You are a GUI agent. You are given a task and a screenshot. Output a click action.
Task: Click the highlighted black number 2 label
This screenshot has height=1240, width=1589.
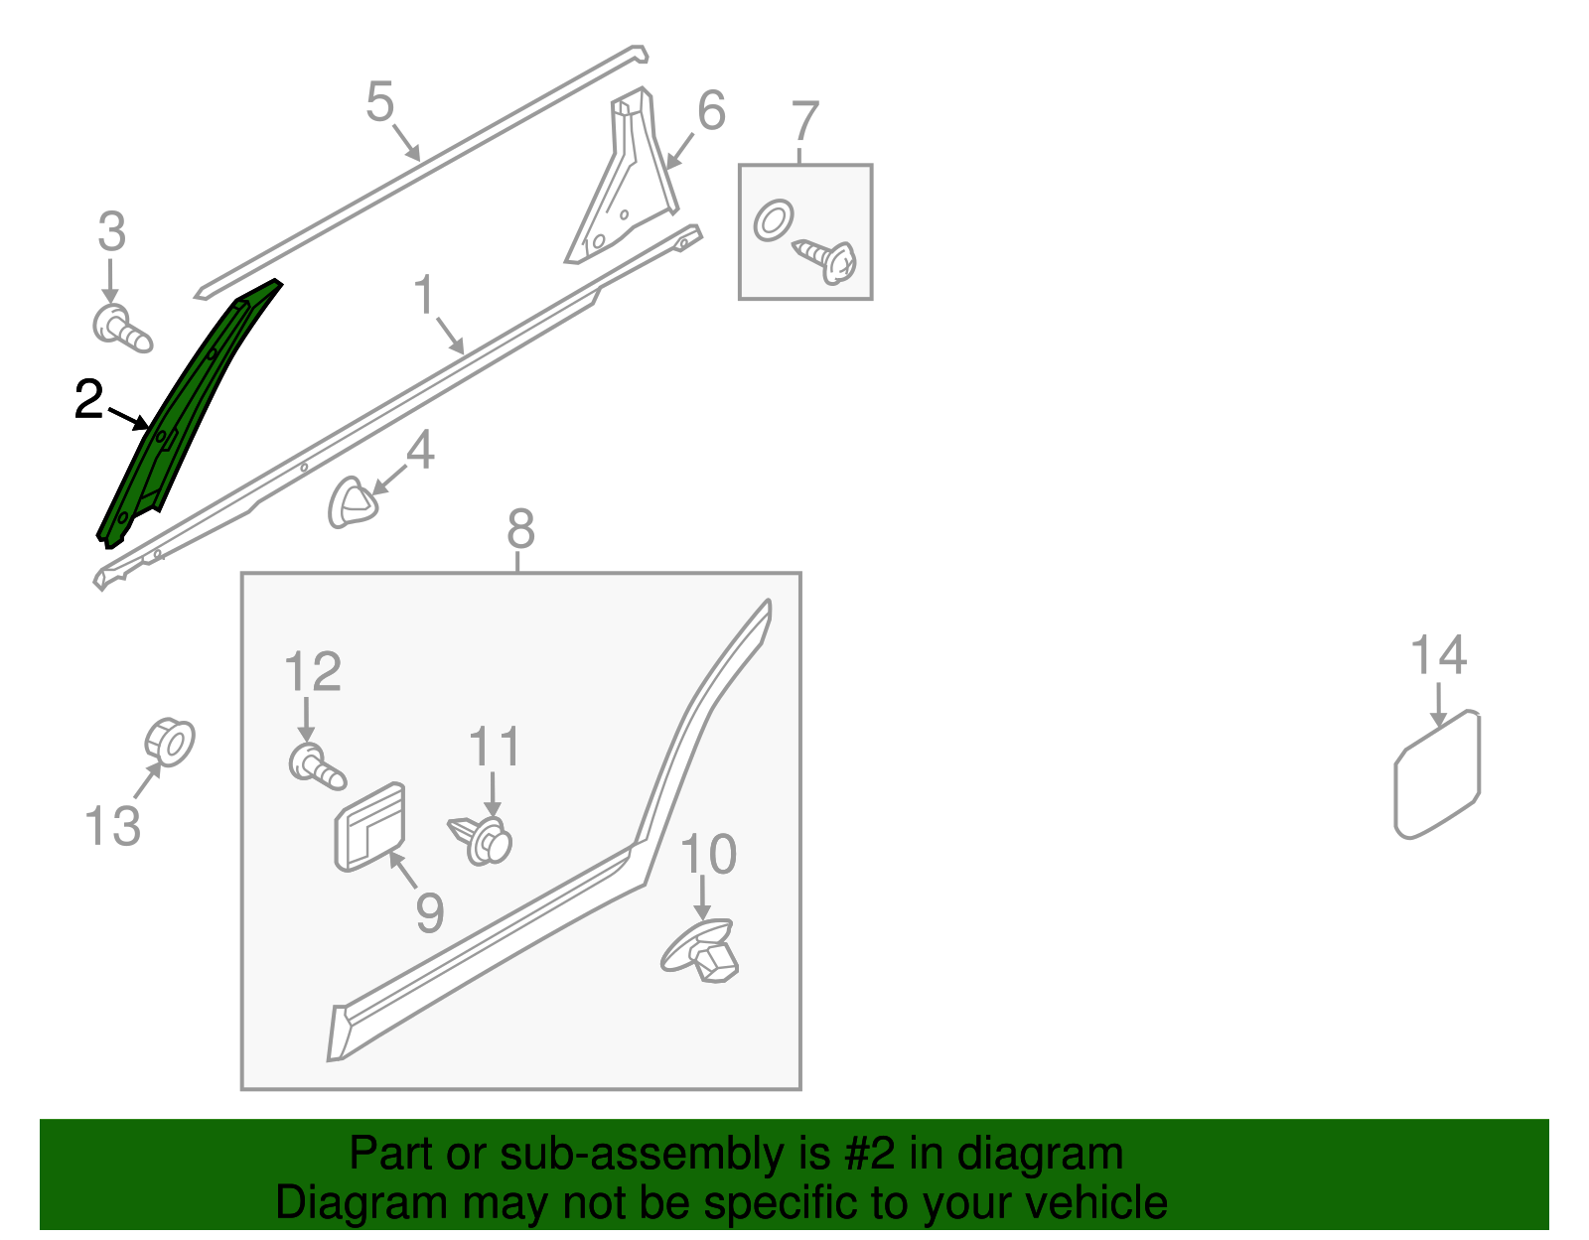click(89, 400)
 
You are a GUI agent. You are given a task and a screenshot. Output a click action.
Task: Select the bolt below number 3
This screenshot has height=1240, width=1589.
click(121, 330)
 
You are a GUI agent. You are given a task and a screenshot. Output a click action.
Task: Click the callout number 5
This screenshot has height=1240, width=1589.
click(379, 101)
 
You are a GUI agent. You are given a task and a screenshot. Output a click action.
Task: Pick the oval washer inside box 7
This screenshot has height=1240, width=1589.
click(773, 220)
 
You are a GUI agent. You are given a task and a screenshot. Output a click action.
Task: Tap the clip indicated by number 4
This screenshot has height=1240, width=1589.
click(352, 502)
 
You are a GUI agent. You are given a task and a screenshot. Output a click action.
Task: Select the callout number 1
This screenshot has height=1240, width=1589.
click(424, 295)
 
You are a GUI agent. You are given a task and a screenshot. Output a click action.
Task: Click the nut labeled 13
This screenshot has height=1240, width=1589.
click(170, 743)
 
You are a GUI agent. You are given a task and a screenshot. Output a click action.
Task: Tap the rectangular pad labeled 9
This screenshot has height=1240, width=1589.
click(370, 827)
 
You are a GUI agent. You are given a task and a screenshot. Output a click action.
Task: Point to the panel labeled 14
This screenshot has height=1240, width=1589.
click(1438, 774)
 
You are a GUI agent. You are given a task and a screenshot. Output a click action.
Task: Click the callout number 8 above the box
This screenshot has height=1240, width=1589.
click(520, 529)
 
